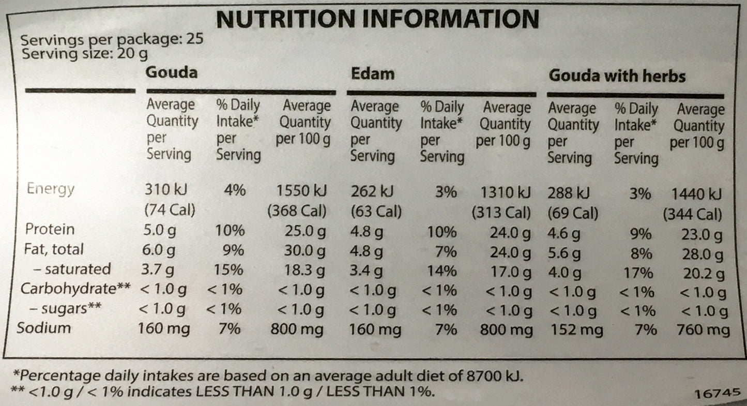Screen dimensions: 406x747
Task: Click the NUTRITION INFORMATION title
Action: coord(378,19)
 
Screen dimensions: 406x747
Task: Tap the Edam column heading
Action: coord(372,73)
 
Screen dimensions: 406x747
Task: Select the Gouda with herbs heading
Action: coord(617,77)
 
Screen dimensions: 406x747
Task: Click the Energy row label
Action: coord(50,189)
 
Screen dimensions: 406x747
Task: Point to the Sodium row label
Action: coord(44,328)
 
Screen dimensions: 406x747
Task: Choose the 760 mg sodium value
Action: coord(702,330)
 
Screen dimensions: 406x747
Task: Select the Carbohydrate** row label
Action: coord(74,289)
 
